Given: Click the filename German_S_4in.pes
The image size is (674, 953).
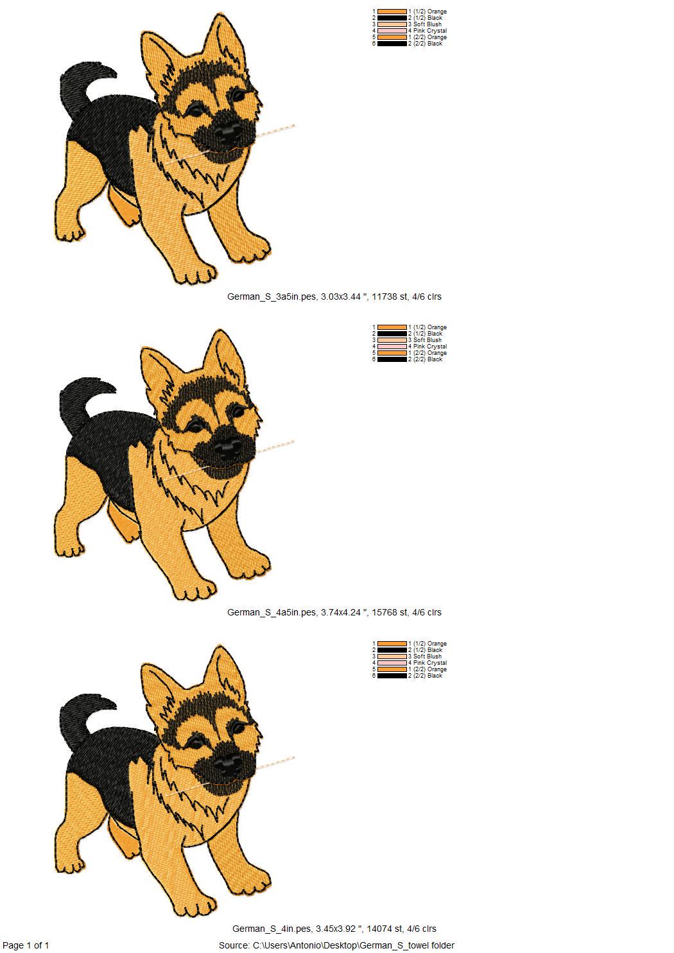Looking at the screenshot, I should [272, 929].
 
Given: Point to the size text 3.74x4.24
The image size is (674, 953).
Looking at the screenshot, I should [343, 612].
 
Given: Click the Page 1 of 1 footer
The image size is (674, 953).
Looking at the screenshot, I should [26, 945].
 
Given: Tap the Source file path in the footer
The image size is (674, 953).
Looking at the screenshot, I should [336, 945].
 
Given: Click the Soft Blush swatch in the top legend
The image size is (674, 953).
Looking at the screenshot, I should [392, 24].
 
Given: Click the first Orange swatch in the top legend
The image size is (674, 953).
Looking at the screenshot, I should [392, 12].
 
